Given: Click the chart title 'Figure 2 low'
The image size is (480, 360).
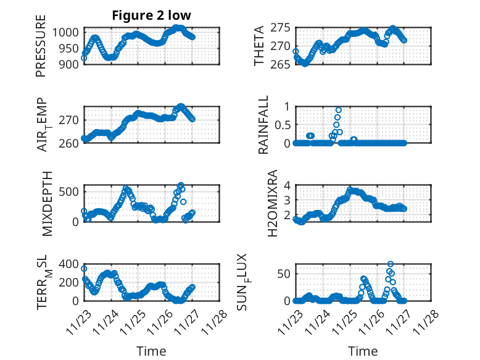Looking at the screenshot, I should click(151, 15).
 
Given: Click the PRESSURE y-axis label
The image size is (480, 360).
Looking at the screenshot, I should click(41, 49).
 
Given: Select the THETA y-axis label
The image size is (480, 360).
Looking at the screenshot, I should click(259, 46).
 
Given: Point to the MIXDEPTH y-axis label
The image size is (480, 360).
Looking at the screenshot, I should click(48, 203).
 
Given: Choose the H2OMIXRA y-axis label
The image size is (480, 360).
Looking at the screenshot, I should click(263, 203).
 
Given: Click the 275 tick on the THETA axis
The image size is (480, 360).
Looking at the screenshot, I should click(280, 28).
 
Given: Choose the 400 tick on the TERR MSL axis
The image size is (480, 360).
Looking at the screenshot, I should click(69, 264).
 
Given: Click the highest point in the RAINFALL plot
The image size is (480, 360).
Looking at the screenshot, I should click(338, 110).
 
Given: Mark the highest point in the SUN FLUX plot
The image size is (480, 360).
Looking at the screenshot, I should click(391, 264).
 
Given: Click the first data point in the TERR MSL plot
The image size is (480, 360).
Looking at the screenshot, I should click(84, 269).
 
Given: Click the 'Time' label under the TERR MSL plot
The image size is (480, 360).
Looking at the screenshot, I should click(151, 351).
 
